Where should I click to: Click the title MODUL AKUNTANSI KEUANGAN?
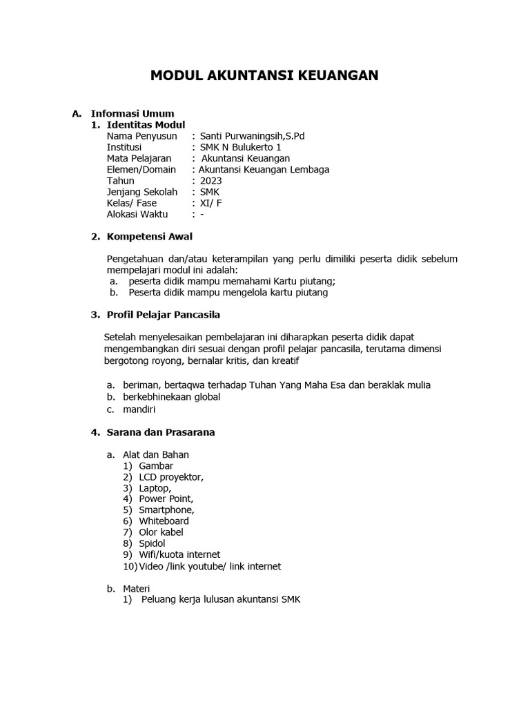click(x=264, y=75)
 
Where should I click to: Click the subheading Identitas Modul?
click(x=146, y=125)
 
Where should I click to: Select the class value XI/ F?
click(x=211, y=203)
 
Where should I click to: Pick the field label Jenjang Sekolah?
click(x=141, y=192)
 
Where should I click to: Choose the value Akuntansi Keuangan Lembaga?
click(x=264, y=170)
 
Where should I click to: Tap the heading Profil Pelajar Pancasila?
click(x=163, y=315)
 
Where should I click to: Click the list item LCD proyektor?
click(x=171, y=477)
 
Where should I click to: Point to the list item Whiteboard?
click(x=164, y=521)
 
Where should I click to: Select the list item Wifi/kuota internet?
click(x=179, y=554)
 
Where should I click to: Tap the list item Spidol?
click(x=153, y=543)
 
